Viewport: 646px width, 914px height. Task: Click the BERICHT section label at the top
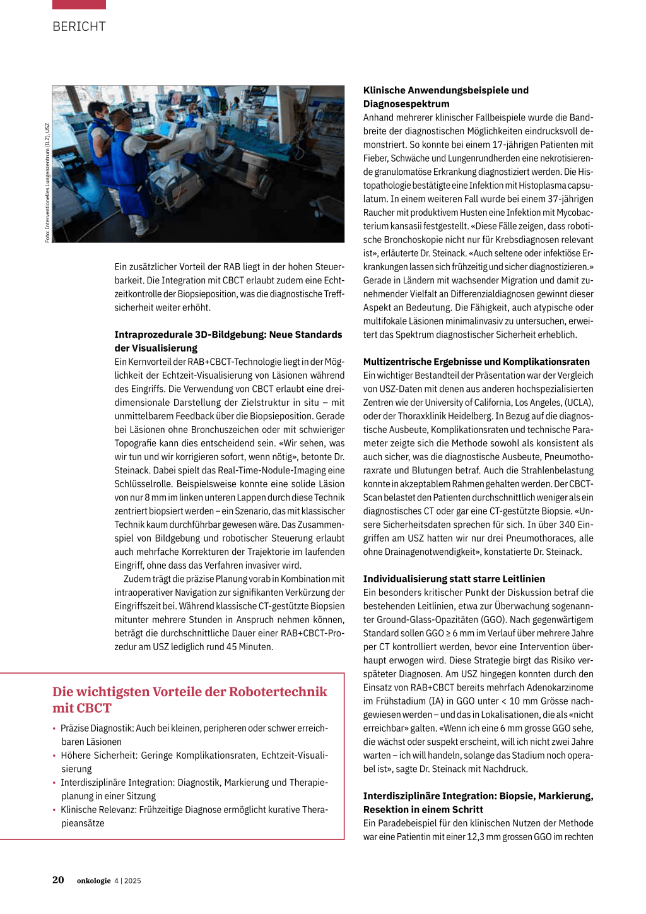point(79,27)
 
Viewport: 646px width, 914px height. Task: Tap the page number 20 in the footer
point(58,880)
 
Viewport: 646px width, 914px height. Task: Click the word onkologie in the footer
point(93,881)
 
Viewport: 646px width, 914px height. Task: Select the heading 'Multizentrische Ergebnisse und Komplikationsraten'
point(476,362)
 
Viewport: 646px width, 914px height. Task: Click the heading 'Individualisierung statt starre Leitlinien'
point(454,579)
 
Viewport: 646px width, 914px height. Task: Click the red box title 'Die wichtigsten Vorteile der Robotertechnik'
point(189,692)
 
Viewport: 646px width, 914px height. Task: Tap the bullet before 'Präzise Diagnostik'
point(54,728)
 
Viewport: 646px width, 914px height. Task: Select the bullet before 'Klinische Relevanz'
point(54,810)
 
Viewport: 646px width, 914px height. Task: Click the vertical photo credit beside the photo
point(47,183)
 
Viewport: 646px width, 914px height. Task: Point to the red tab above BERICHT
point(79,4)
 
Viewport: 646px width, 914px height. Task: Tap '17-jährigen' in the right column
point(515,145)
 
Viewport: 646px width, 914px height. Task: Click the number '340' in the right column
point(567,525)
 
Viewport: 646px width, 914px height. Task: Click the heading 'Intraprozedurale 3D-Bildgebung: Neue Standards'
point(228,335)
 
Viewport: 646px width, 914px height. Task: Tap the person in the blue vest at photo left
point(101,151)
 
